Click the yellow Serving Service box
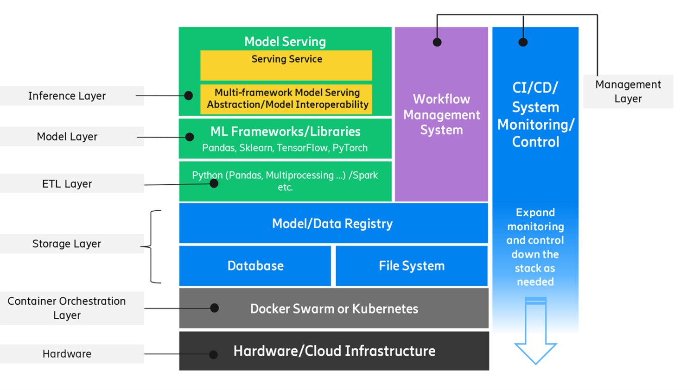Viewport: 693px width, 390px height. tap(286, 65)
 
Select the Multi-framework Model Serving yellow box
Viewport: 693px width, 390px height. tap(287, 99)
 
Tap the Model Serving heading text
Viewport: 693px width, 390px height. tap(285, 42)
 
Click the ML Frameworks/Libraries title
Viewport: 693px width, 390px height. tap(285, 132)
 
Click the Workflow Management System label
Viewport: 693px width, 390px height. tap(441, 114)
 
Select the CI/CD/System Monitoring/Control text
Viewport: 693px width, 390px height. tap(535, 114)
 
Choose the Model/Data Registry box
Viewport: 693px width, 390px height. tap(332, 224)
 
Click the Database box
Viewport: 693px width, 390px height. tap(255, 266)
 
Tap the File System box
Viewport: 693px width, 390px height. tap(411, 266)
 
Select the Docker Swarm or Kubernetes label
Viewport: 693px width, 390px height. tap(334, 309)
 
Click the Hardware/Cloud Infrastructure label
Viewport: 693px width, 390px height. tap(334, 351)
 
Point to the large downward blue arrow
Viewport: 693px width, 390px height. tap(535, 331)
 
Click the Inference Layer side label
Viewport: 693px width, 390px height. tap(67, 96)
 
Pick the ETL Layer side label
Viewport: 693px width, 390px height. tap(67, 184)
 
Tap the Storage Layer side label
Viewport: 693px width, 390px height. tap(67, 244)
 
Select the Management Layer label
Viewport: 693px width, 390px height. tap(628, 92)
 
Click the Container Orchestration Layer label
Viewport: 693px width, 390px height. tap(67, 308)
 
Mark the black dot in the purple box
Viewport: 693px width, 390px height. tap(437, 42)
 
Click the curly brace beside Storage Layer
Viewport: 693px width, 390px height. tap(152, 246)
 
